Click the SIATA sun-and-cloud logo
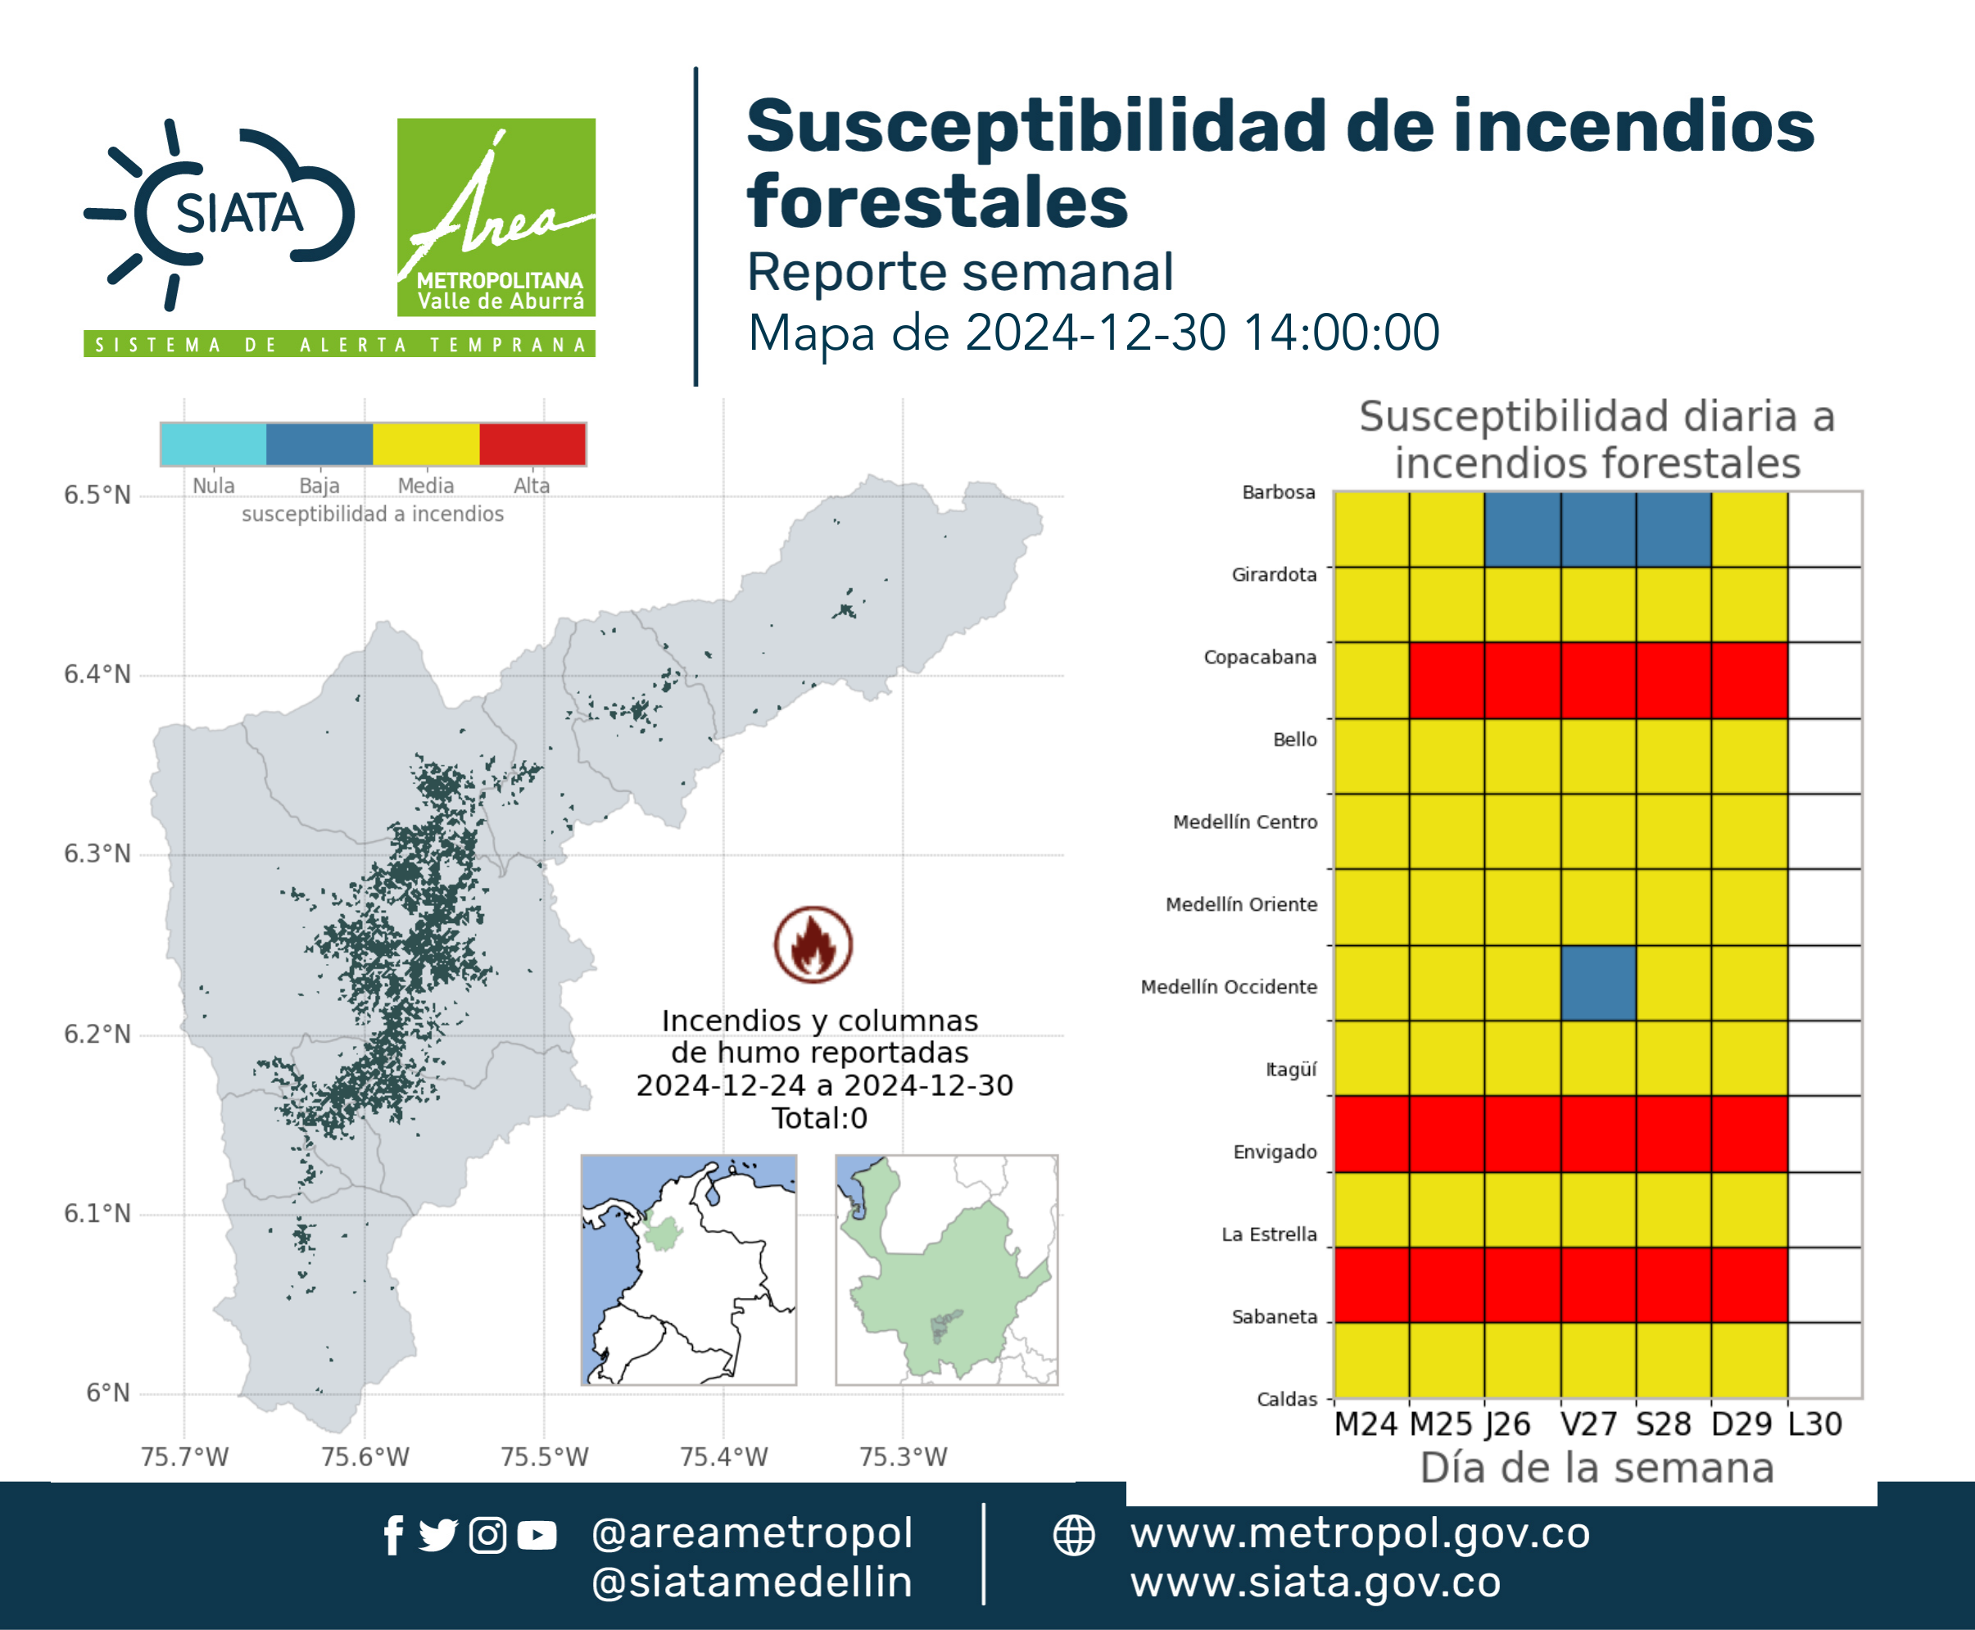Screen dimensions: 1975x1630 click(x=220, y=214)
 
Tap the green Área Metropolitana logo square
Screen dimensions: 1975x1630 click(x=496, y=217)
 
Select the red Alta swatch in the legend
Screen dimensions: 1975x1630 click(x=532, y=444)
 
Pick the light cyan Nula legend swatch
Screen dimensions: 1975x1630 click(x=214, y=444)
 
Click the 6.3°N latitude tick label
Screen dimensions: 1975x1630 click(x=97, y=853)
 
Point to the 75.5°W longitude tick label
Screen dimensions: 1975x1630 click(x=545, y=1456)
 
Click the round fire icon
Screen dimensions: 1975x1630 click(x=813, y=944)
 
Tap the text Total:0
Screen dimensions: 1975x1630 click(x=820, y=1118)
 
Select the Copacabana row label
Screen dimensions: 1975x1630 click(x=1261, y=657)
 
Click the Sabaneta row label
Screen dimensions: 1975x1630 click(x=1275, y=1316)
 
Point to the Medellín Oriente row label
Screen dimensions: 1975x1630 click(x=1242, y=904)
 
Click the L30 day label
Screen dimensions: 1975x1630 click(x=1814, y=1424)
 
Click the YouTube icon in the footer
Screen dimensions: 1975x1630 click(x=537, y=1536)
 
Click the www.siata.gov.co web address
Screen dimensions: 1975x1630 click(x=1316, y=1582)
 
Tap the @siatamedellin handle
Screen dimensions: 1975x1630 click(x=752, y=1582)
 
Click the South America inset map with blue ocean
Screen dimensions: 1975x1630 click(x=688, y=1270)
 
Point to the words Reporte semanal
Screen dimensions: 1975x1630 click(x=960, y=272)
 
